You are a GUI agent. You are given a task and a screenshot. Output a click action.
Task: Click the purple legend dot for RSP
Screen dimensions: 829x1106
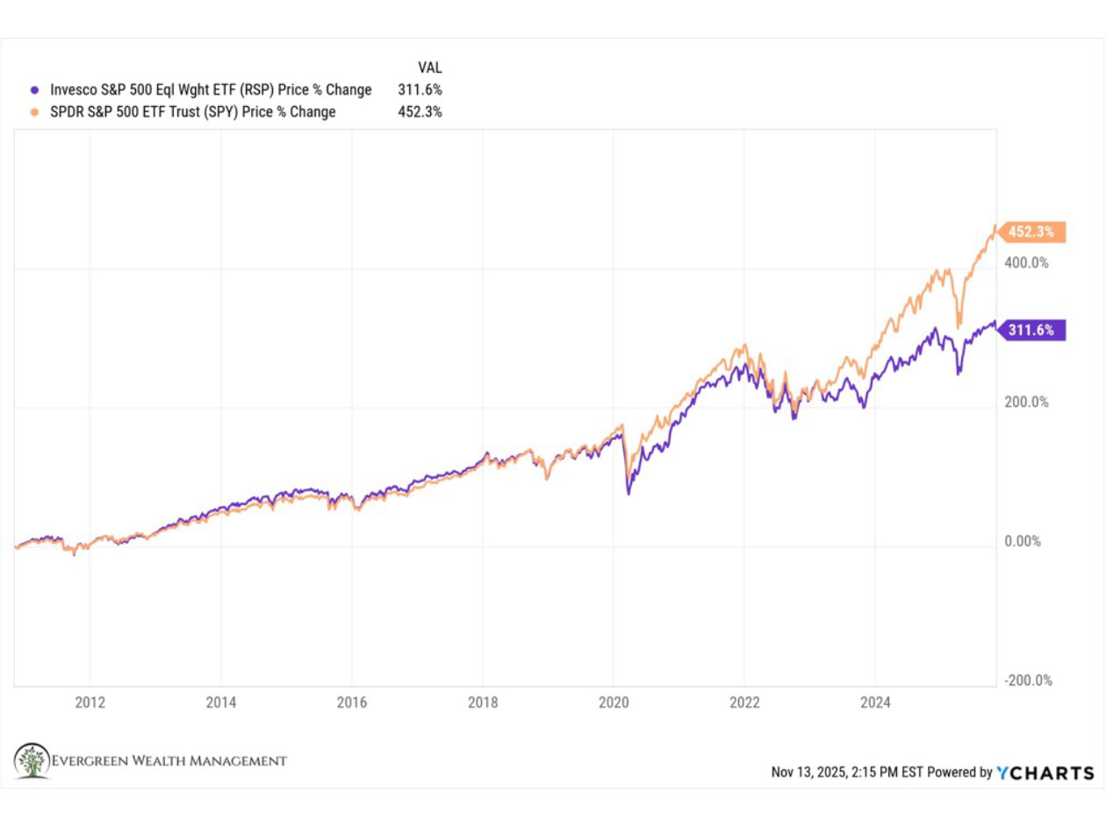pyautogui.click(x=34, y=90)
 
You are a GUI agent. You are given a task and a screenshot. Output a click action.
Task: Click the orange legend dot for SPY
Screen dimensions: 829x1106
pyautogui.click(x=34, y=112)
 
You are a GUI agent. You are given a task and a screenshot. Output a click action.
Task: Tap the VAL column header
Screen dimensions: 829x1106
pyautogui.click(x=429, y=67)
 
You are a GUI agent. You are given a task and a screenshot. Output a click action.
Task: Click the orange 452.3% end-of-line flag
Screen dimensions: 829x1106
pyautogui.click(x=1034, y=233)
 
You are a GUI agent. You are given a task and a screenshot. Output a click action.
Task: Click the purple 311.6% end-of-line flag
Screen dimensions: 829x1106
pyautogui.click(x=1034, y=330)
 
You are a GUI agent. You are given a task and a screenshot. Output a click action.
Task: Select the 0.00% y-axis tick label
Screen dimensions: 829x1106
pyautogui.click(x=1023, y=542)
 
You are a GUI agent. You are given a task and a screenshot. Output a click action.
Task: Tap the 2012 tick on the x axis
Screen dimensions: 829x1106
pyautogui.click(x=90, y=702)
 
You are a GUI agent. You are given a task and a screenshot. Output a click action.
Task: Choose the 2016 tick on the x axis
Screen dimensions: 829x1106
pyautogui.click(x=351, y=702)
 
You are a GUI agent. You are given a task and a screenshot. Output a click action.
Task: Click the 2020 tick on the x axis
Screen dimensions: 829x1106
pyautogui.click(x=614, y=702)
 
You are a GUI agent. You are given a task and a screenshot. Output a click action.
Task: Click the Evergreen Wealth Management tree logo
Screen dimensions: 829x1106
pyautogui.click(x=32, y=761)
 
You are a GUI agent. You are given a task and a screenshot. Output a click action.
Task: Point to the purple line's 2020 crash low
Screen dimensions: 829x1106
pyautogui.click(x=628, y=494)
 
